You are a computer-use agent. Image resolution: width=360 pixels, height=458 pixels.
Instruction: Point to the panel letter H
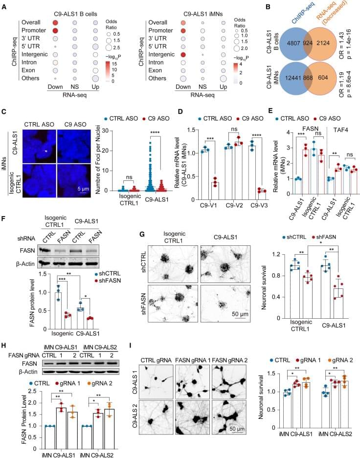pyautogui.click(x=5, y=347)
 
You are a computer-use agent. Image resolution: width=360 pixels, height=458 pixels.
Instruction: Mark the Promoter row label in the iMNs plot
pyautogui.click(x=164, y=31)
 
